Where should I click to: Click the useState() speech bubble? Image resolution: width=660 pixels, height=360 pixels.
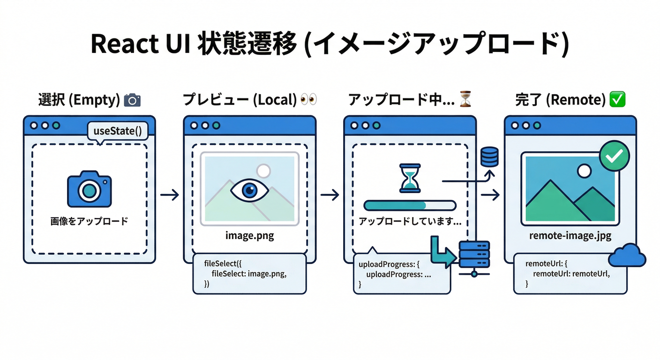pos(118,131)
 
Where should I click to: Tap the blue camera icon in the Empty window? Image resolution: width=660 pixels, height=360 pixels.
pos(89,190)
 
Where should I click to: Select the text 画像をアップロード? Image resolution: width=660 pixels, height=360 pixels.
pos(89,221)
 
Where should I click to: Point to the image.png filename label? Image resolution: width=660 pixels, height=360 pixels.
pos(249,236)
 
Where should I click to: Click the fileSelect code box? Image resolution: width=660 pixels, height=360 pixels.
pos(249,274)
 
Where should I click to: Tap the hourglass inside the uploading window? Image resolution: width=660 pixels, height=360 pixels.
pos(410,178)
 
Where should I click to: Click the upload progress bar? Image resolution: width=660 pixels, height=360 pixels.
pos(410,205)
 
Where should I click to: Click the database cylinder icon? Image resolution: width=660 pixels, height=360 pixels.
pos(489,156)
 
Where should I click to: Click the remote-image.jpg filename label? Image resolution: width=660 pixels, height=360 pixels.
pos(570,236)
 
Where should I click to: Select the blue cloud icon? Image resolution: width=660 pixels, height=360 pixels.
pos(627,256)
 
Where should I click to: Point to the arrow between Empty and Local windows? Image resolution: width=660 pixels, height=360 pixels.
pos(169,195)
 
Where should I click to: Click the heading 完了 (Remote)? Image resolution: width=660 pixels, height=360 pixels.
pos(564,100)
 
